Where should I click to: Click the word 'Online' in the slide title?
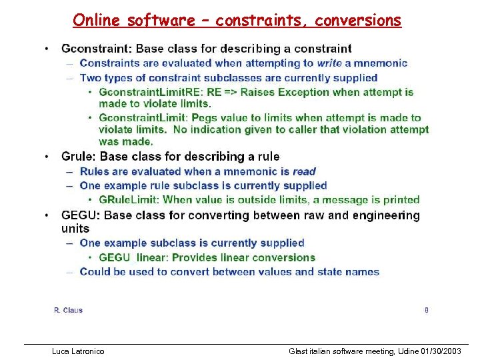tap(97, 21)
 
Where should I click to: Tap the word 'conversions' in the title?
tap(359, 21)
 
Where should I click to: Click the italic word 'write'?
tap(329, 63)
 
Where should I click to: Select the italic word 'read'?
tap(304, 171)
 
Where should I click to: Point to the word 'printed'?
tap(400, 199)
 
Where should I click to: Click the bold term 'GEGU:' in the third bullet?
tap(81, 215)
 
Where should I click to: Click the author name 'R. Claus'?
tap(68, 310)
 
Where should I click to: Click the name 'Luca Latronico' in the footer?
tap(78, 351)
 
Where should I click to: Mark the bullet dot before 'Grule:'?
tap(46, 157)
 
